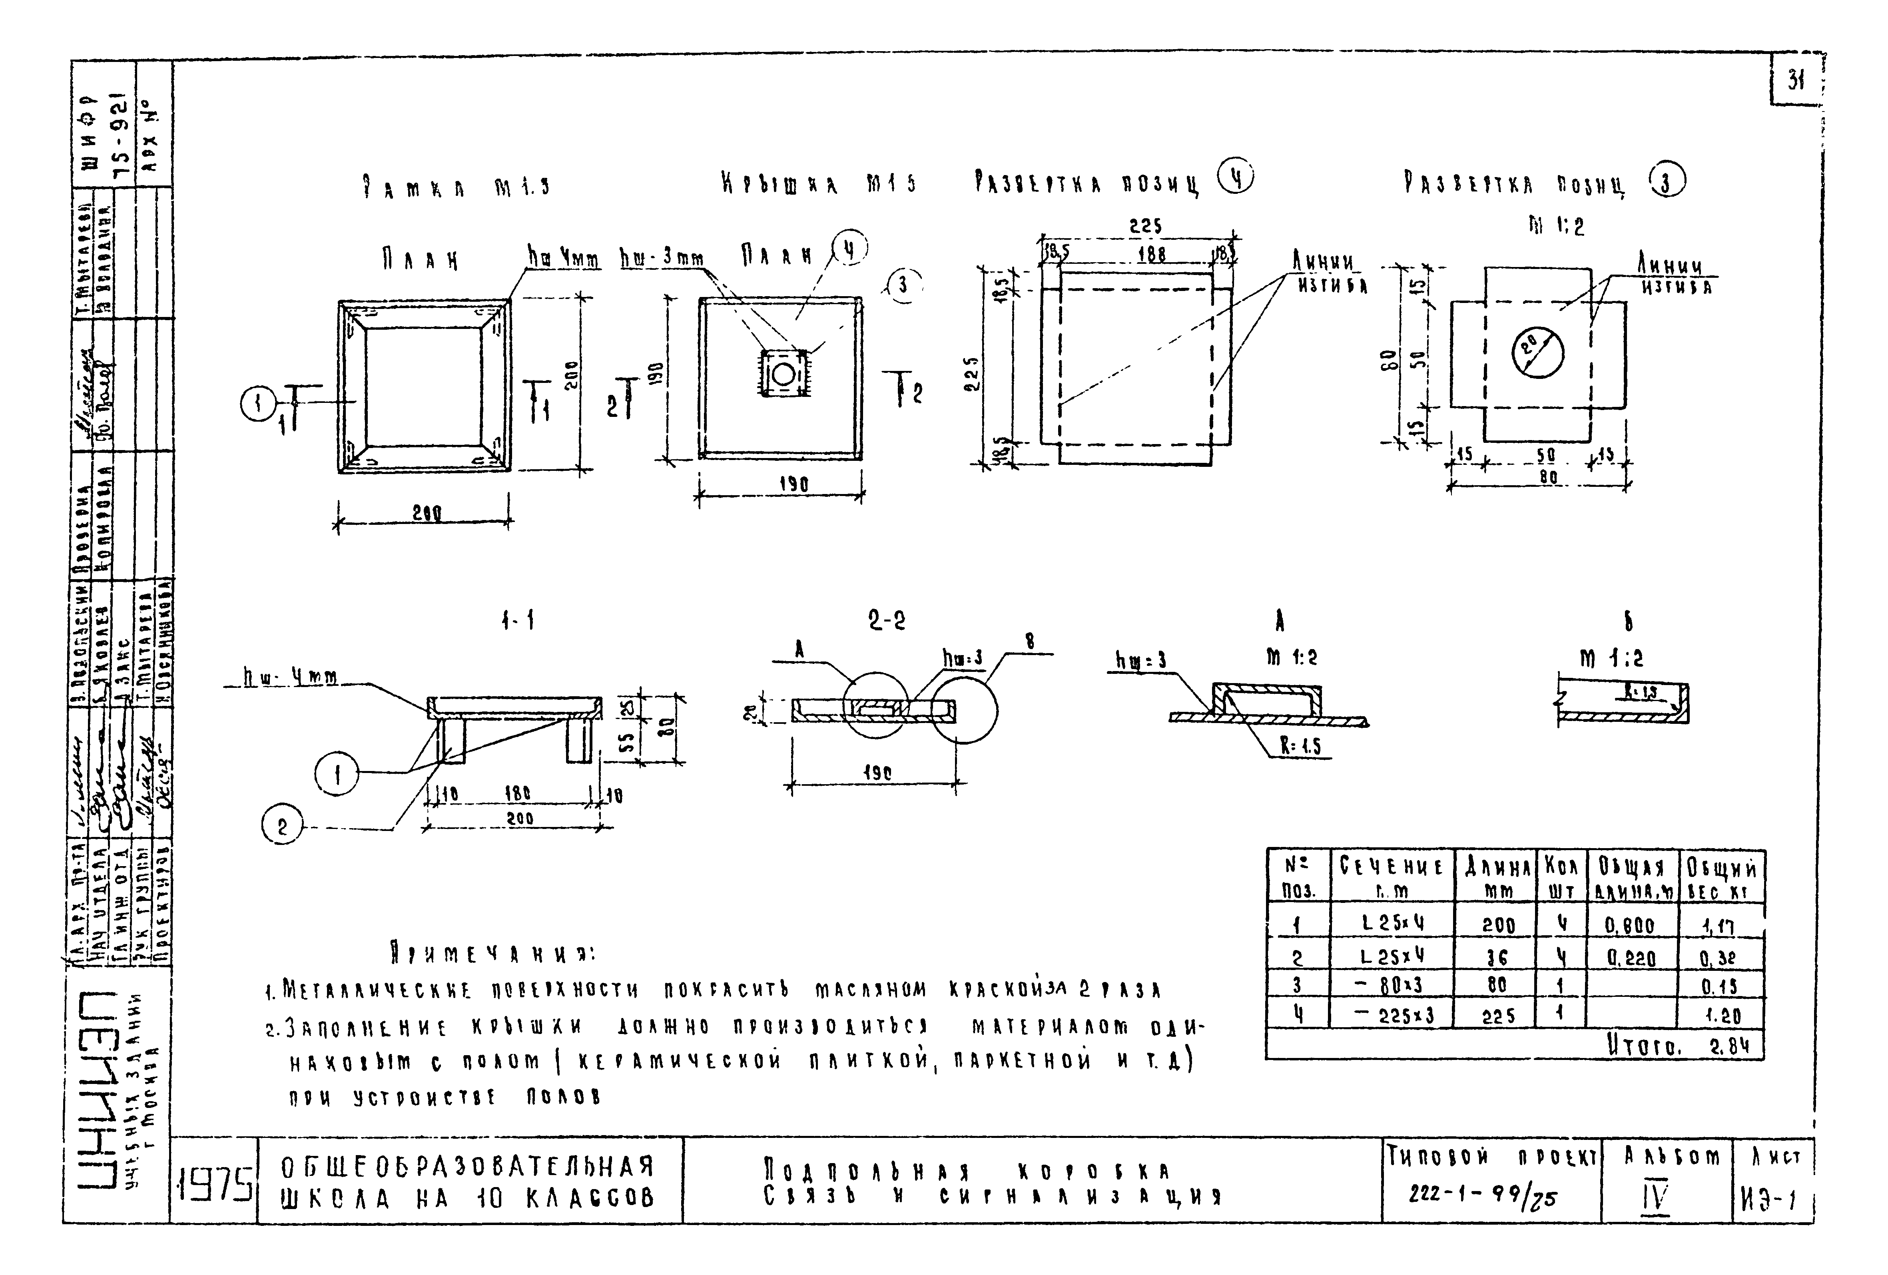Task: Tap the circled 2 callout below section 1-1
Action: pos(281,827)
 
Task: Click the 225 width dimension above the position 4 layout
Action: pos(1146,227)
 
